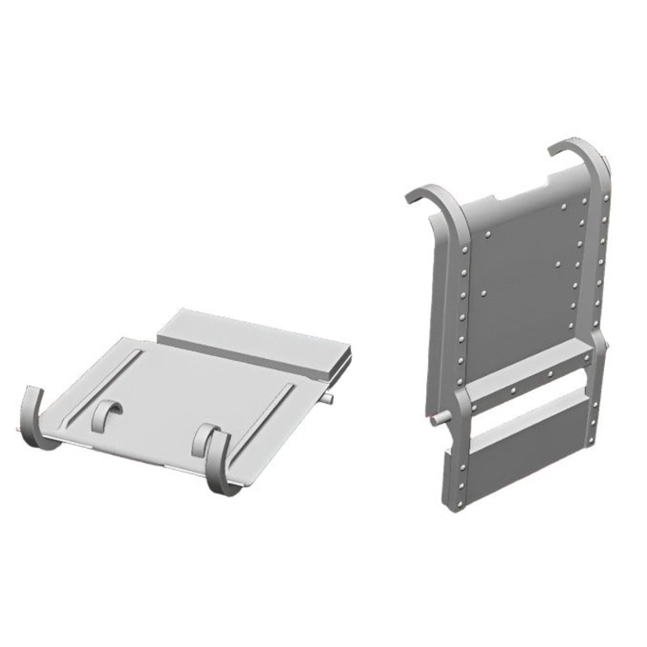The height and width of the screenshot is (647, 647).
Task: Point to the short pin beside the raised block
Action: click(x=325, y=399)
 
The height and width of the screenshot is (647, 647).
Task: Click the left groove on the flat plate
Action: click(x=105, y=380)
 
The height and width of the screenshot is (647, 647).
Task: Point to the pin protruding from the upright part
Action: click(x=438, y=417)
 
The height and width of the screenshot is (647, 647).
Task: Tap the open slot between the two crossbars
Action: click(x=526, y=399)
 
